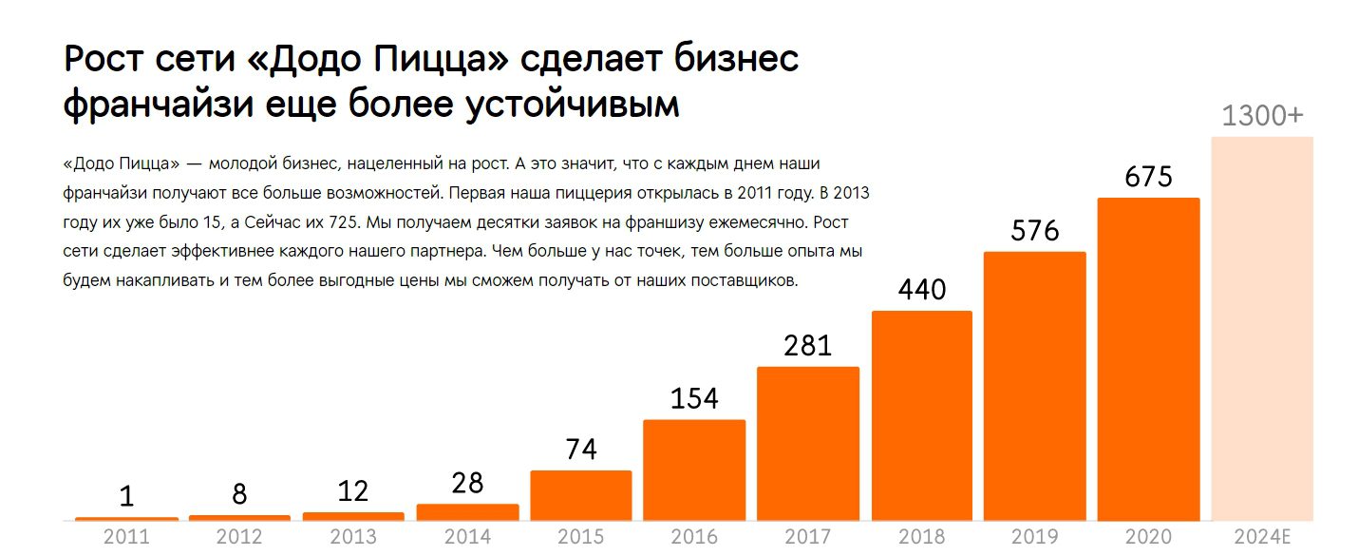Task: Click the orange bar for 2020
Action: click(1148, 359)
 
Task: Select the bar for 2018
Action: click(921, 415)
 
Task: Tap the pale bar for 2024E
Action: click(1262, 328)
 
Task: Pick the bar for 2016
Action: click(694, 470)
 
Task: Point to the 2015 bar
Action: click(580, 495)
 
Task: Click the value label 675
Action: click(1148, 178)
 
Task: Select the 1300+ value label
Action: click(1262, 116)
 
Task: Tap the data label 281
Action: click(807, 346)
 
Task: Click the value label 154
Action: click(694, 399)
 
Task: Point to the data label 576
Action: click(1034, 231)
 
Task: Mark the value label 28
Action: click(467, 484)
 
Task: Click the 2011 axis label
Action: click(126, 537)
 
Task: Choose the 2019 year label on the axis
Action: click(1034, 537)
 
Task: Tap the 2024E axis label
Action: click(1262, 537)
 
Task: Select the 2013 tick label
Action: click(353, 537)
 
